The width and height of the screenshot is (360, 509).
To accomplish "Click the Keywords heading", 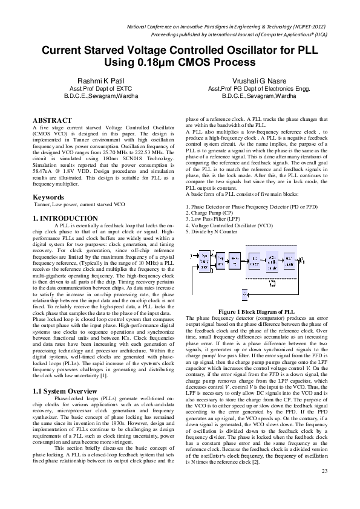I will point(48,197).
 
